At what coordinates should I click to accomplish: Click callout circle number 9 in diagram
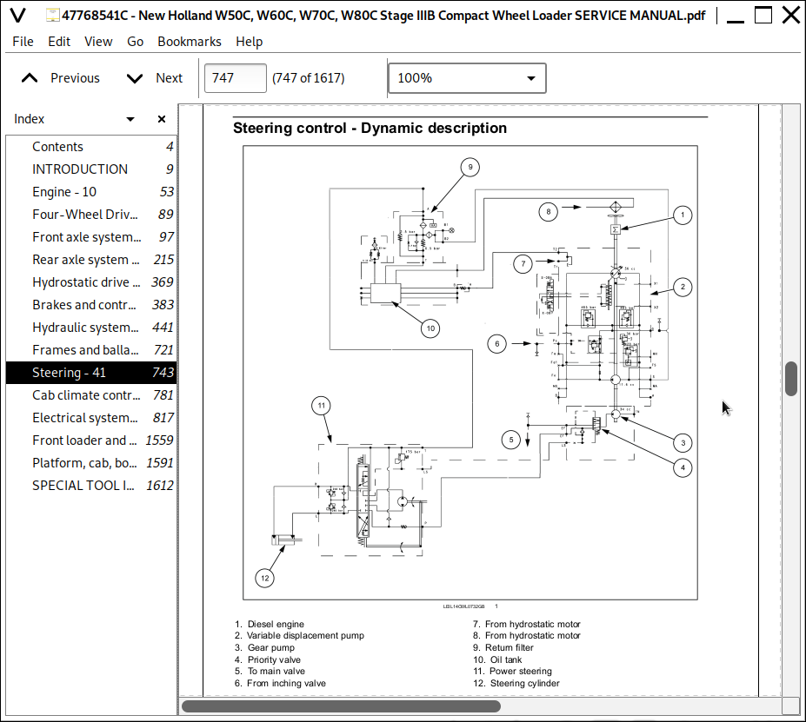(469, 167)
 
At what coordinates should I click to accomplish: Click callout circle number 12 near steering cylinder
(265, 577)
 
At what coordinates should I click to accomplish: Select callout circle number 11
(322, 405)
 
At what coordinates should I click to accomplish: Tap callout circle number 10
(430, 328)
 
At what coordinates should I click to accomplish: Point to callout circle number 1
(683, 215)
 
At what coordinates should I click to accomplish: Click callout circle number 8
(548, 210)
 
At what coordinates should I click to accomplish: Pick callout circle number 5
(513, 440)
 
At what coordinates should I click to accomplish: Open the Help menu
(249, 41)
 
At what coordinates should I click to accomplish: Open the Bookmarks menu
(189, 41)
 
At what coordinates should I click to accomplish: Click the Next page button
(155, 78)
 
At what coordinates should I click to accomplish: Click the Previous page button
(60, 78)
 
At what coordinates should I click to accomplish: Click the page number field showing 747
(235, 78)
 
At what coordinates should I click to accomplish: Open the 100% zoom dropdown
(467, 78)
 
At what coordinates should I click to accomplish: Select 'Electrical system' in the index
(84, 418)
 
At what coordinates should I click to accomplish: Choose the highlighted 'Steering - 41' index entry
(69, 373)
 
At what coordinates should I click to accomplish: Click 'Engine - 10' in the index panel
(64, 192)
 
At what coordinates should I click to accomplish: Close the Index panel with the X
(162, 119)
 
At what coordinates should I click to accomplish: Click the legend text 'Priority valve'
(276, 659)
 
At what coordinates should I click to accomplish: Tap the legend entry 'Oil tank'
(506, 659)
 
